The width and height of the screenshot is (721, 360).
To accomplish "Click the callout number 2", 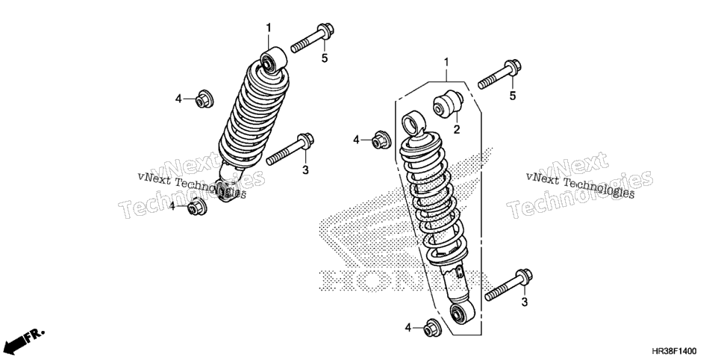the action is (x=456, y=130).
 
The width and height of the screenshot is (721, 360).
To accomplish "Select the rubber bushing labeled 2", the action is (x=447, y=104).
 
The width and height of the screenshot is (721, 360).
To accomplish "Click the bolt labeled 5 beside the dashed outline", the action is (x=499, y=74).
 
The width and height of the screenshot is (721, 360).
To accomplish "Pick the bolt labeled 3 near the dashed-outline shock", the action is (x=508, y=285).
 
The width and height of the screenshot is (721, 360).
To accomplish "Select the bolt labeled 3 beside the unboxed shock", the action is (x=290, y=149).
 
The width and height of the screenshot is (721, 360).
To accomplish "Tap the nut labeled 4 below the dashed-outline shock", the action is (x=431, y=327).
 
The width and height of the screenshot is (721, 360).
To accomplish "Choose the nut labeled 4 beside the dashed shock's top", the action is (x=381, y=140).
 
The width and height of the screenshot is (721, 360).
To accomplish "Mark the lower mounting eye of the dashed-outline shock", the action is (x=462, y=313).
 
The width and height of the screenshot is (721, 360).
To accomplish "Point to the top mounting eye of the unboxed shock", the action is (x=273, y=60).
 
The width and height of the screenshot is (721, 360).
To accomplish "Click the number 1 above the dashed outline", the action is (x=446, y=62).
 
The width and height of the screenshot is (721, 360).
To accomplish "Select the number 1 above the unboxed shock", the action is (x=269, y=28).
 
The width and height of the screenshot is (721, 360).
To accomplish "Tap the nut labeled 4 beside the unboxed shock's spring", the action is (x=204, y=99).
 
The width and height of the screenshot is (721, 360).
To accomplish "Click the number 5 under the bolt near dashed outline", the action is (x=513, y=96).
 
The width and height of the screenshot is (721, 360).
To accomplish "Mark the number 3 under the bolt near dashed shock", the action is (x=524, y=302).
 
